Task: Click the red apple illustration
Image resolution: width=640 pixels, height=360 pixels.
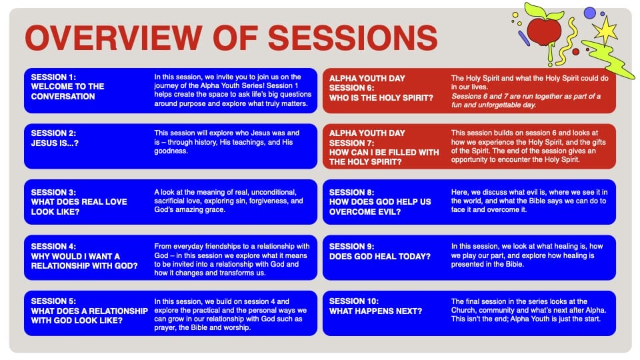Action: (545, 31)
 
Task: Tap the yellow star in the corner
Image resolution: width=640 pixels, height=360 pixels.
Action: (605, 30)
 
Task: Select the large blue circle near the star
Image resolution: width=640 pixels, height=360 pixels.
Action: (589, 13)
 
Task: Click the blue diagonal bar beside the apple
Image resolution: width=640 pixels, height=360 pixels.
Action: (524, 39)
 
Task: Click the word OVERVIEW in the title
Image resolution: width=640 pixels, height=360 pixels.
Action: (113, 38)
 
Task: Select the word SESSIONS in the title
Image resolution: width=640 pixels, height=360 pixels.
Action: (352, 38)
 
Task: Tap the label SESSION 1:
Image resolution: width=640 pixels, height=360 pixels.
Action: (53, 77)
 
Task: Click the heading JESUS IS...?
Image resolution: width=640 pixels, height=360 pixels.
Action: (55, 143)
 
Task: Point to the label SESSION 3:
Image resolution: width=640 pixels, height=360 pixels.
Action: (53, 192)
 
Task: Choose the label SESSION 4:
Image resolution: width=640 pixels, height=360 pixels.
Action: (53, 247)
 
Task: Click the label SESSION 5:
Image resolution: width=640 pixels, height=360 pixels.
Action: (53, 301)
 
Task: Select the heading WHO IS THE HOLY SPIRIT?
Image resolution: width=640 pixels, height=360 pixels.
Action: (381, 98)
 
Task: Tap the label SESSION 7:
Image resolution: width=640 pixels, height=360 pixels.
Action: (352, 143)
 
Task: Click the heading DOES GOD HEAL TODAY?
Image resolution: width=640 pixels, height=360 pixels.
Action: (380, 256)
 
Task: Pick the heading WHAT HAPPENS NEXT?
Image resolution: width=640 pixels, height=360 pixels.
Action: (375, 311)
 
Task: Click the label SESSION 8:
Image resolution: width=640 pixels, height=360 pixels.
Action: (352, 192)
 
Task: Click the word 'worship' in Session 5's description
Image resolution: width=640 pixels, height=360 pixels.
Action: (236, 327)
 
